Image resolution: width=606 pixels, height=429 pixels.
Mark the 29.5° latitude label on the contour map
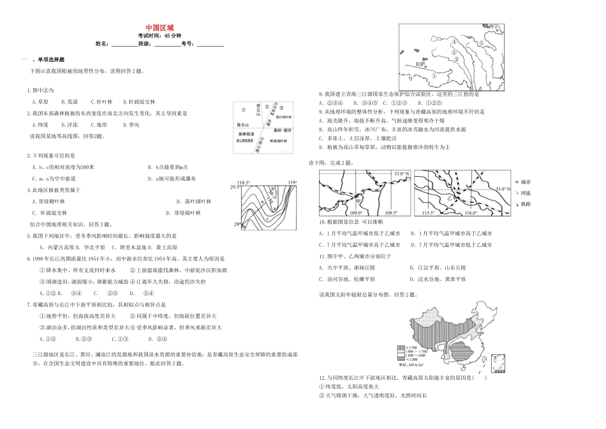234,187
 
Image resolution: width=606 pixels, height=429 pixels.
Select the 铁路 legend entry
527,204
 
